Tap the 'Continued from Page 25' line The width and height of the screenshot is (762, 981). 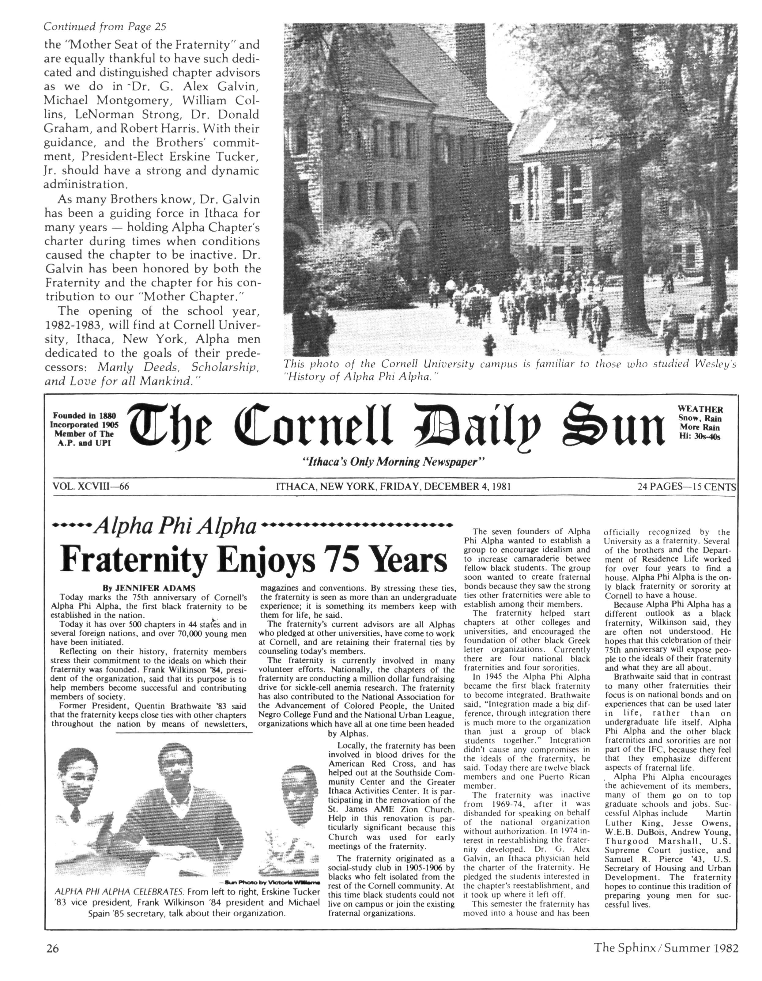coord(105,27)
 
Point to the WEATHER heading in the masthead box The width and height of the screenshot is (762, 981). coord(700,409)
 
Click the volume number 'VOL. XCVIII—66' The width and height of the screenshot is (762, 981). coord(91,487)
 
